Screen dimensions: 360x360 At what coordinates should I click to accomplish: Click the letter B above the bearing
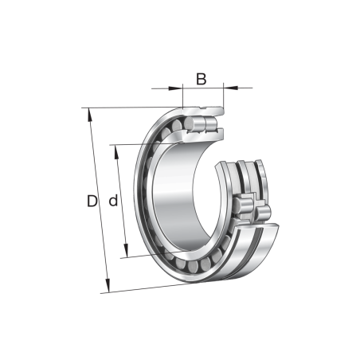click(x=202, y=78)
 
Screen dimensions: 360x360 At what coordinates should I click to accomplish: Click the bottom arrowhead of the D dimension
click(x=107, y=288)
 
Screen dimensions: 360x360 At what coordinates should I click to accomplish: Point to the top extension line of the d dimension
click(x=131, y=144)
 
